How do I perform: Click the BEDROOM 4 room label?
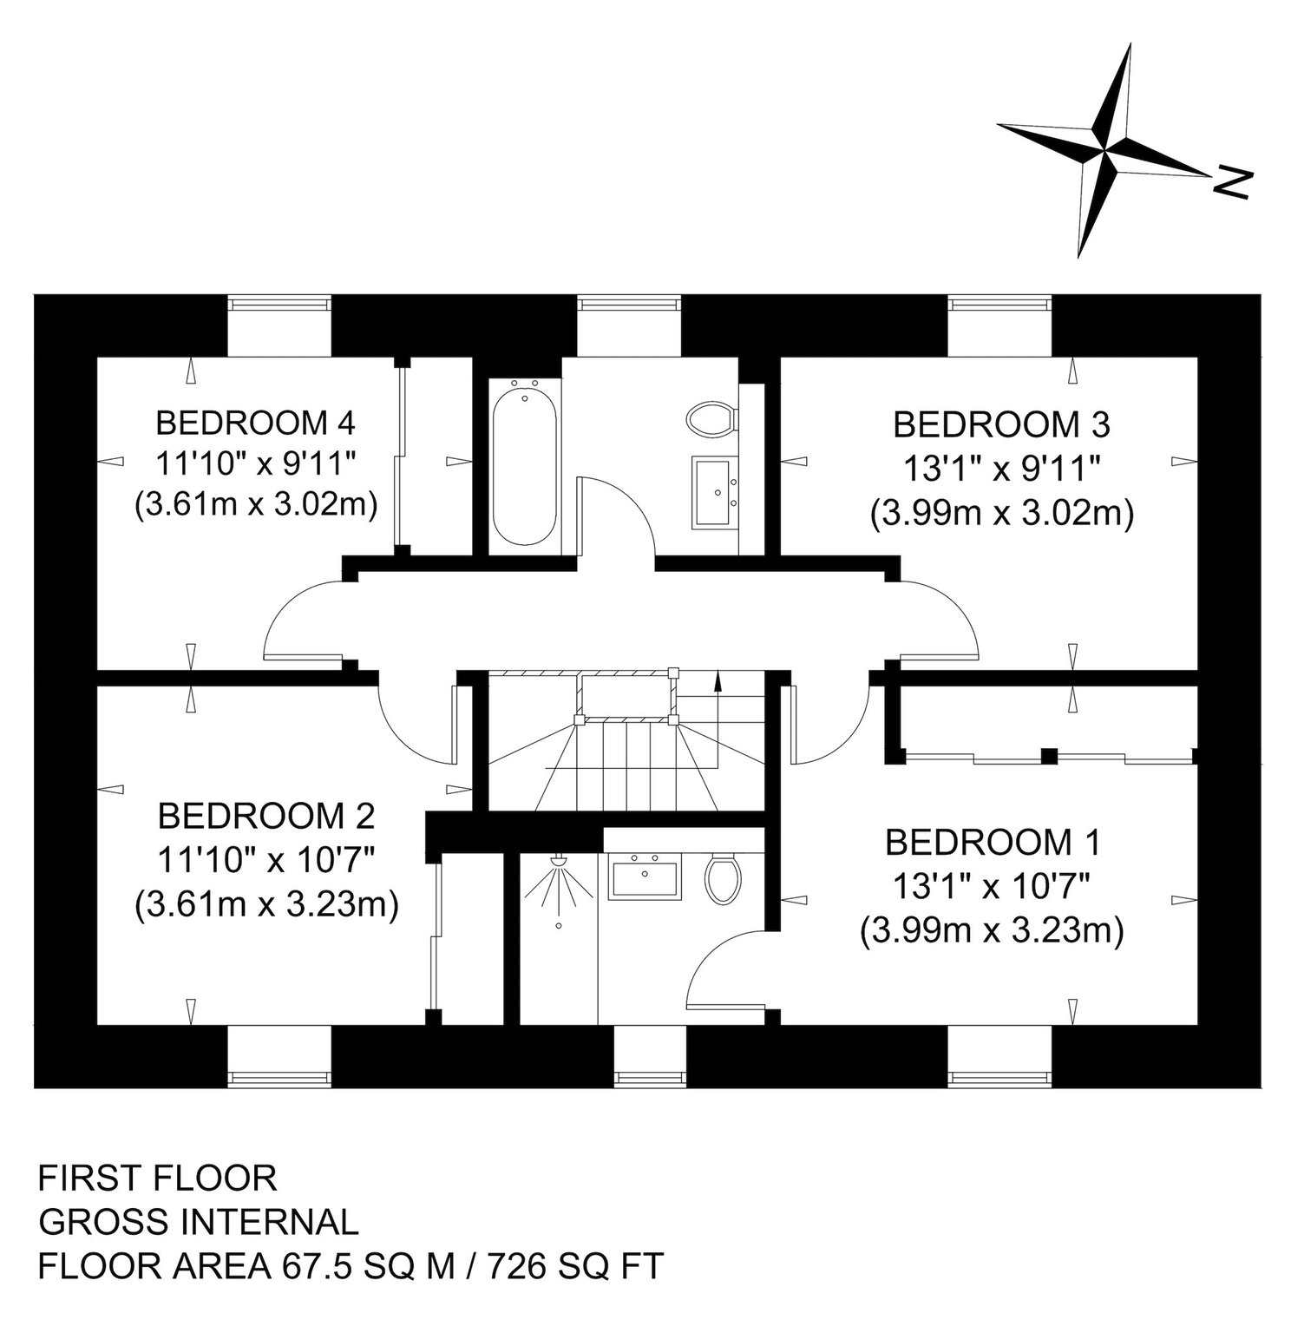point(256,424)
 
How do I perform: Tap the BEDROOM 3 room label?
point(1002,425)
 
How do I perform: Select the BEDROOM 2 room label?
point(266,816)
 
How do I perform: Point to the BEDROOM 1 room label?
point(993,842)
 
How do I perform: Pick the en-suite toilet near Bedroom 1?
point(723,877)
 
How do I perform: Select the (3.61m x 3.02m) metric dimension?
point(256,505)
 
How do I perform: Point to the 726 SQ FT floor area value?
point(567,1265)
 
